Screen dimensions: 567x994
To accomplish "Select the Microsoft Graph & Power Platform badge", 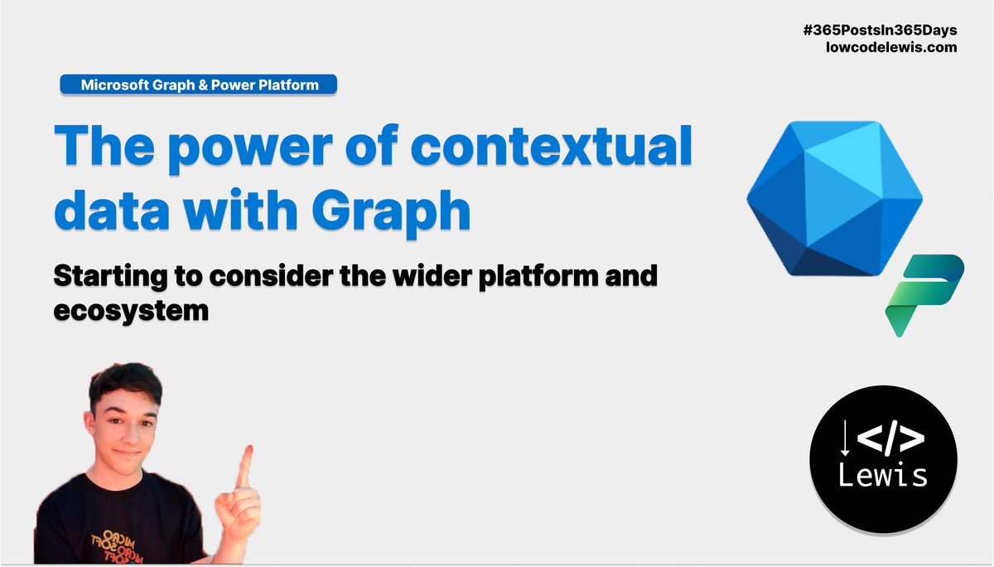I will pos(199,84).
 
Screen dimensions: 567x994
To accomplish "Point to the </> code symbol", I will pos(891,440).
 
